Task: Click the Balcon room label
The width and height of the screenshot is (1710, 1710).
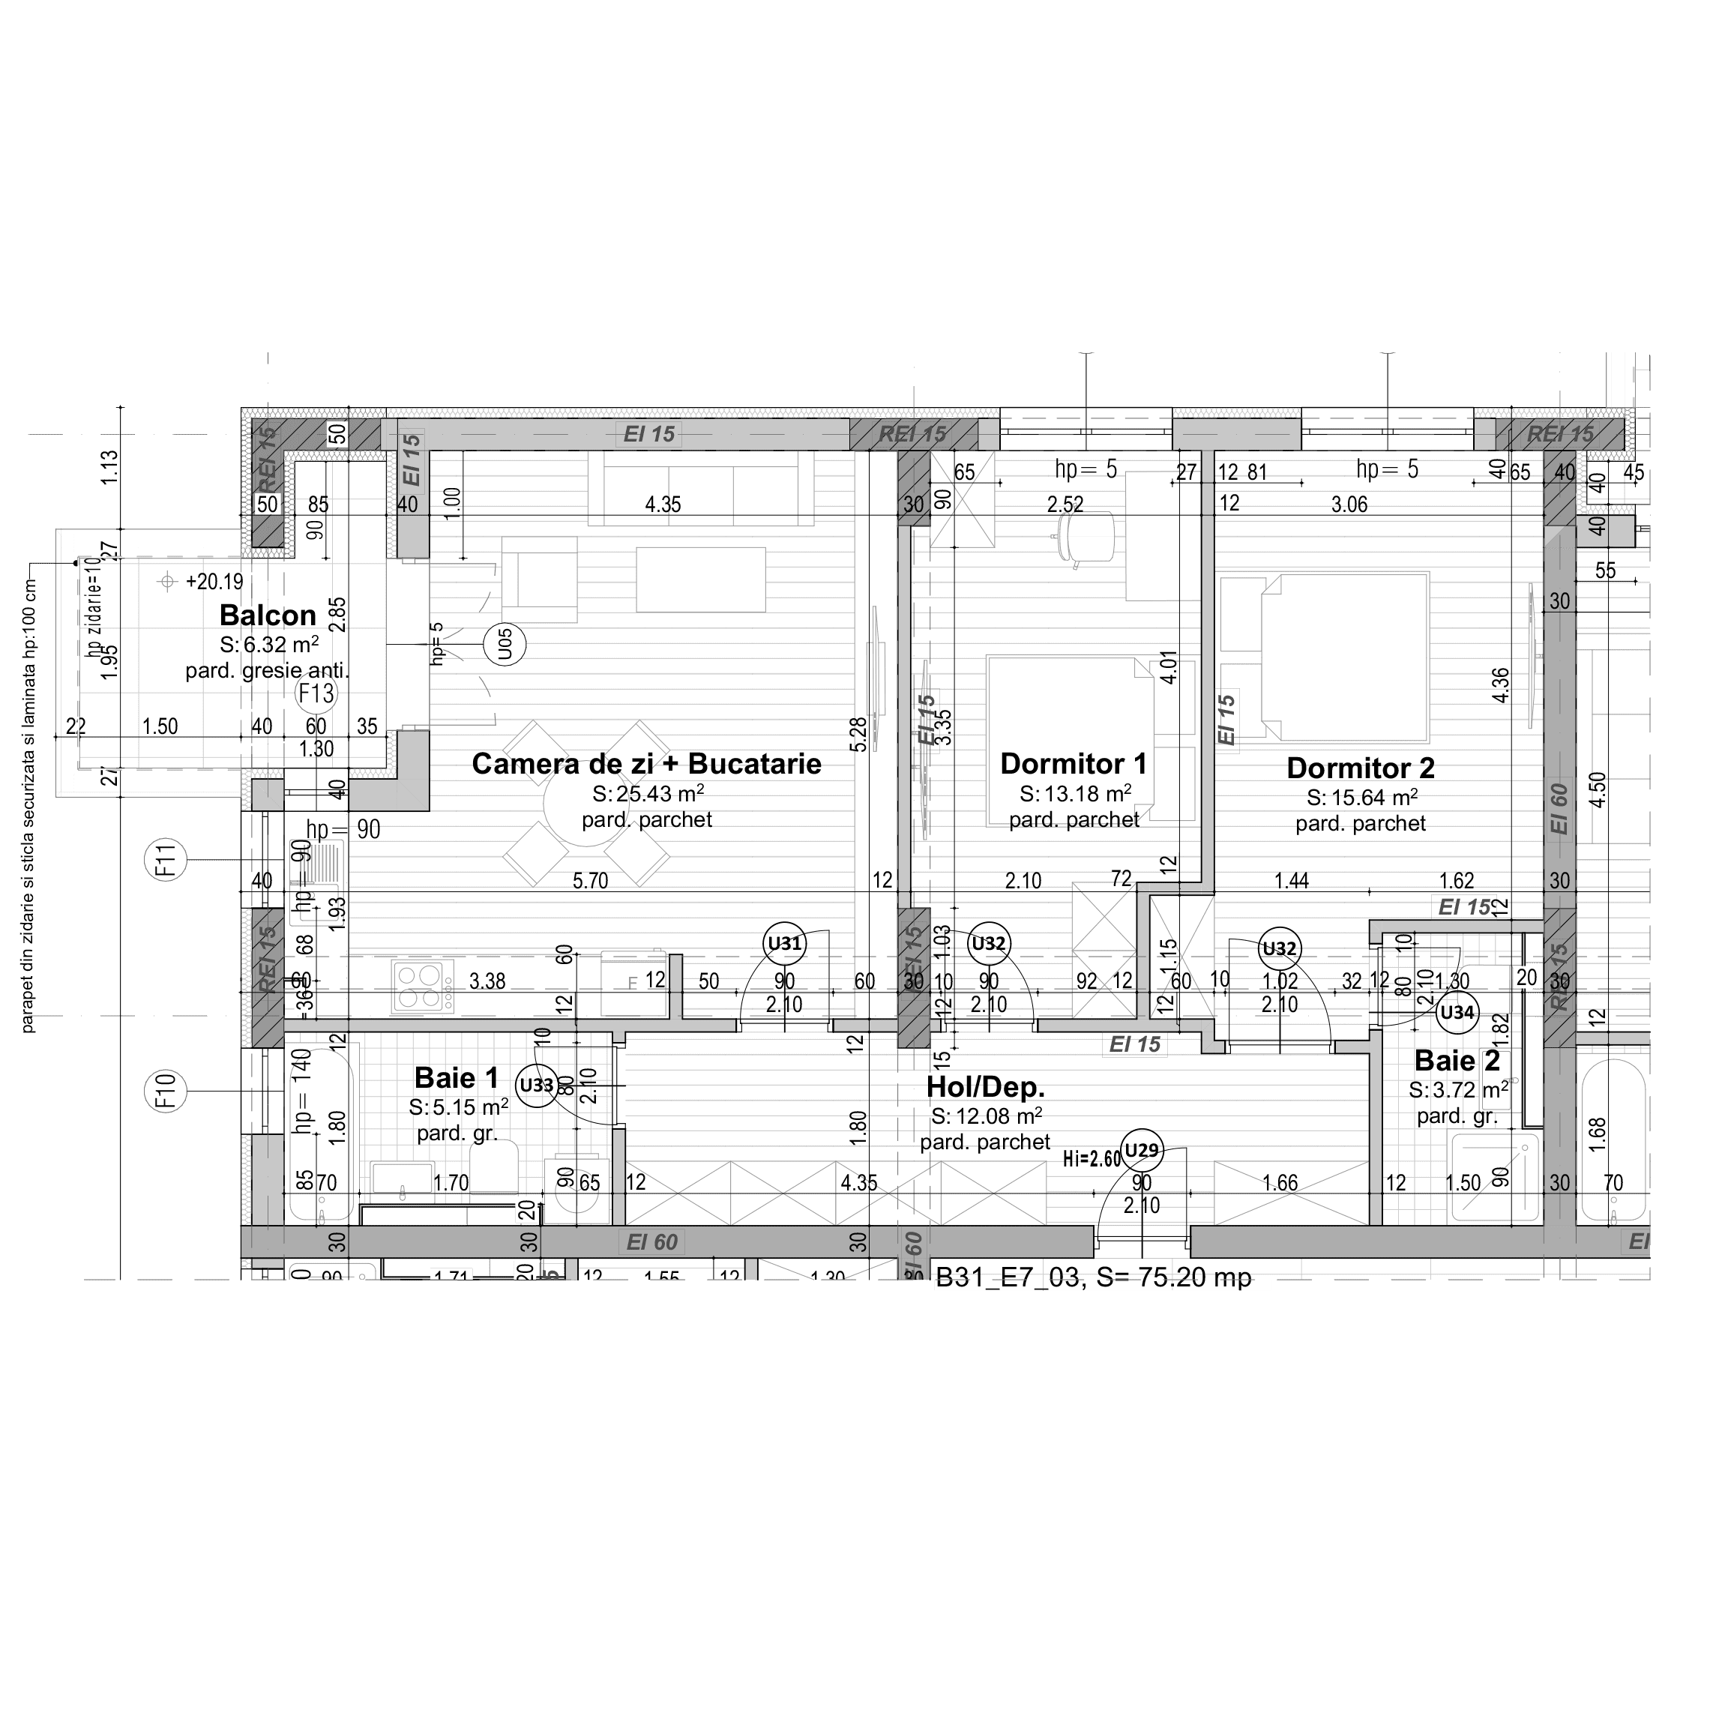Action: coord(268,615)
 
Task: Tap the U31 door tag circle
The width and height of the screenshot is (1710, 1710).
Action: coord(784,944)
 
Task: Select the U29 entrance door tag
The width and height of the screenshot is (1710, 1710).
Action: coord(1141,1151)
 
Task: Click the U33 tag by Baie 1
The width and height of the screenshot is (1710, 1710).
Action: coord(536,1085)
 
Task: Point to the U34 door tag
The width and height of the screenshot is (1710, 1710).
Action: coord(1457,1013)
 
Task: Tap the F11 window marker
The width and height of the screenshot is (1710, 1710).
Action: coord(166,861)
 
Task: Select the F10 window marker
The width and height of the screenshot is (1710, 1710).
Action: coord(166,1092)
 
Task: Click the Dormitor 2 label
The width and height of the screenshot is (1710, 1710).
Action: coord(1361,768)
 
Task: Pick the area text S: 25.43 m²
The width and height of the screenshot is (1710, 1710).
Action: coord(648,794)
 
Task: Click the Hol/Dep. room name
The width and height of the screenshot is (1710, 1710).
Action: coord(985,1087)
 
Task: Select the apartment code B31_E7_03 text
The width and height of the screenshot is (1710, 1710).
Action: coord(1008,1277)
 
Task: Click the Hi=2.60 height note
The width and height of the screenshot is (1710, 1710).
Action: coord(1092,1158)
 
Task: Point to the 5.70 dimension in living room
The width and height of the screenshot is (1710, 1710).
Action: coord(589,881)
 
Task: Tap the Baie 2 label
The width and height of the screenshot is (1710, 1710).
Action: coord(1457,1060)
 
